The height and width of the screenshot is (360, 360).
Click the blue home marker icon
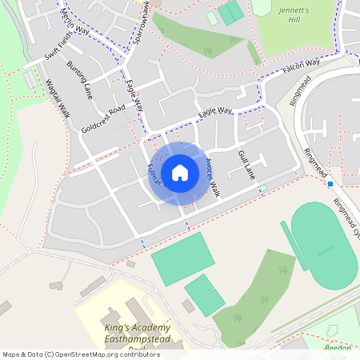tap(180, 172)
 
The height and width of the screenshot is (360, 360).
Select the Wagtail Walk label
tap(58, 98)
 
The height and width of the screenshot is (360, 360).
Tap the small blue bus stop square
tap(330, 184)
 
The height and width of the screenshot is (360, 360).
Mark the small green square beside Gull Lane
tap(262, 189)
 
